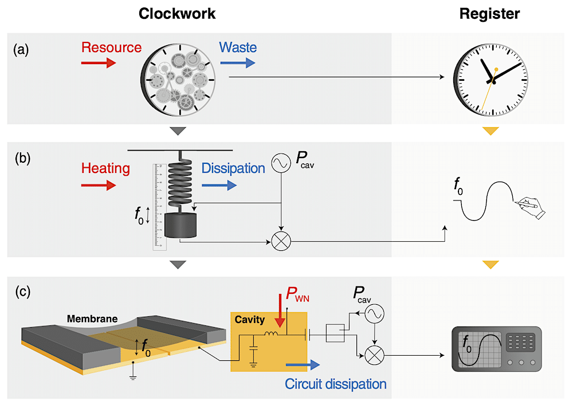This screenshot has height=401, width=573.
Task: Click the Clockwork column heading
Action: click(177, 14)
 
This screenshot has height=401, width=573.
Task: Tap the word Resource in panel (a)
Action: click(111, 47)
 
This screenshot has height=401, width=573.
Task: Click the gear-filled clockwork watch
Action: click(179, 78)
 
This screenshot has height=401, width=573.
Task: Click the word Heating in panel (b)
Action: click(105, 168)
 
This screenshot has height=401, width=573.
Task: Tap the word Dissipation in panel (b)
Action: click(233, 168)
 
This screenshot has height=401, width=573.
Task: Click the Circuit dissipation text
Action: click(335, 383)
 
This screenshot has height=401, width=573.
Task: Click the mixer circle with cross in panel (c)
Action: click(374, 356)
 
